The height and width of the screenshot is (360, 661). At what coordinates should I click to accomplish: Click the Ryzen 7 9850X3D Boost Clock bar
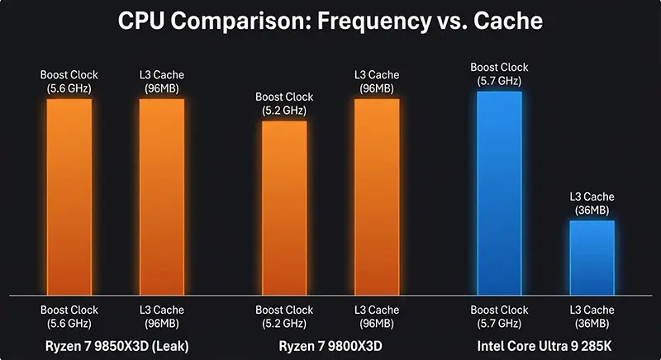69,197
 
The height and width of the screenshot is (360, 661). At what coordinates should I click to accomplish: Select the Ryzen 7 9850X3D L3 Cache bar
162,197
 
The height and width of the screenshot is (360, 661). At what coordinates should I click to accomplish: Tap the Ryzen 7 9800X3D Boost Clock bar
284,208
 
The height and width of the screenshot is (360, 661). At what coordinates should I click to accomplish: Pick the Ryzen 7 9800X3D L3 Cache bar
377,197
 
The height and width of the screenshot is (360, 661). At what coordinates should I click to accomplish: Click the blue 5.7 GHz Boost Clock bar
499,192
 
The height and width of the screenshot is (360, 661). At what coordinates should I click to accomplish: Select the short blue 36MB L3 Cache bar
592,258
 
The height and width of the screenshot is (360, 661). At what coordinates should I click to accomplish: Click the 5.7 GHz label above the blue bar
499,81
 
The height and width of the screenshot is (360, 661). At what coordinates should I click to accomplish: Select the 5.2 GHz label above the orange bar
284,110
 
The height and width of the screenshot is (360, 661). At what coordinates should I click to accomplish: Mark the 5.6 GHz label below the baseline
69,323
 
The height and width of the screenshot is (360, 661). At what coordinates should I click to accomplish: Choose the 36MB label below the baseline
592,323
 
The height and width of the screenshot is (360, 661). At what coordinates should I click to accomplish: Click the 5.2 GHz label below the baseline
284,323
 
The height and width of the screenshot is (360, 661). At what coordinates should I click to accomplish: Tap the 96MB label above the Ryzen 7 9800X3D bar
377,88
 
